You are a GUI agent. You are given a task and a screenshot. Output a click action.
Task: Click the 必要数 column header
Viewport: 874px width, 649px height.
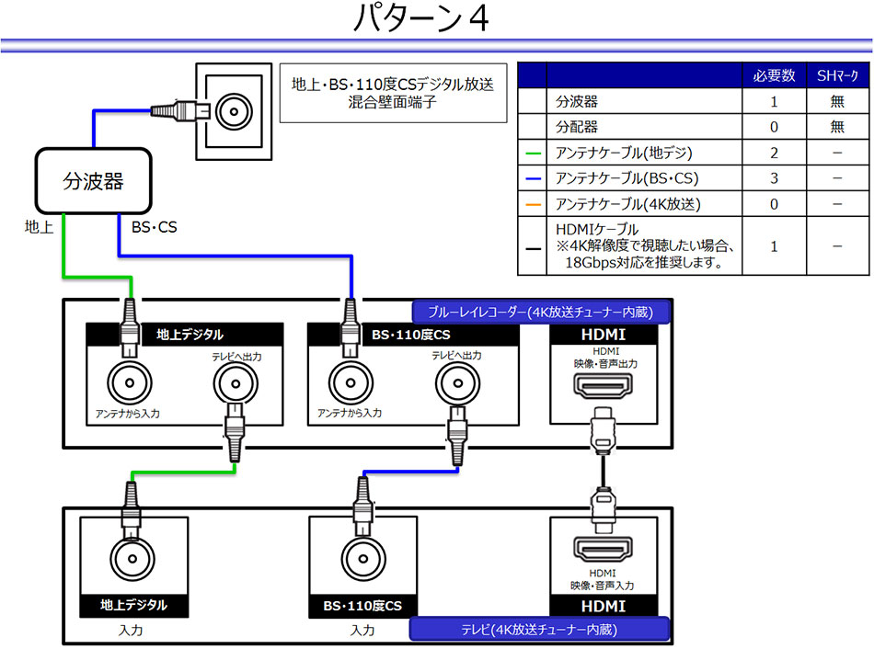click(x=774, y=75)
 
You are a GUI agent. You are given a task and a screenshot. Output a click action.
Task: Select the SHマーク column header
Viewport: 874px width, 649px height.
click(x=836, y=75)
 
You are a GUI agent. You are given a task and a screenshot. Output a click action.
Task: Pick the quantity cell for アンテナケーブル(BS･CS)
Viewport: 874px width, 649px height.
click(x=774, y=177)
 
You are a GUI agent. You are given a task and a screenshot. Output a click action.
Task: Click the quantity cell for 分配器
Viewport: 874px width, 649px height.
click(x=774, y=127)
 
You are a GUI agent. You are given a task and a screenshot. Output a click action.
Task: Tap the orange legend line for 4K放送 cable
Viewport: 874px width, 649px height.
click(x=532, y=203)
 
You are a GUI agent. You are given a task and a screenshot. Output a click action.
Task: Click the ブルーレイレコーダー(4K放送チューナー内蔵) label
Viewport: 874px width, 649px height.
click(x=541, y=313)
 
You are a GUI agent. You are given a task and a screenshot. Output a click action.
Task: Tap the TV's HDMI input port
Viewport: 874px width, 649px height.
click(x=603, y=550)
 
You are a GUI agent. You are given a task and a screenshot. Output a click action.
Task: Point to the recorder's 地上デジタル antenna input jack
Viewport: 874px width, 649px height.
click(x=128, y=380)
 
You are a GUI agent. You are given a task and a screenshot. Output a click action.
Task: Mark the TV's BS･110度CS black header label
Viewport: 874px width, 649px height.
click(x=362, y=606)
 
